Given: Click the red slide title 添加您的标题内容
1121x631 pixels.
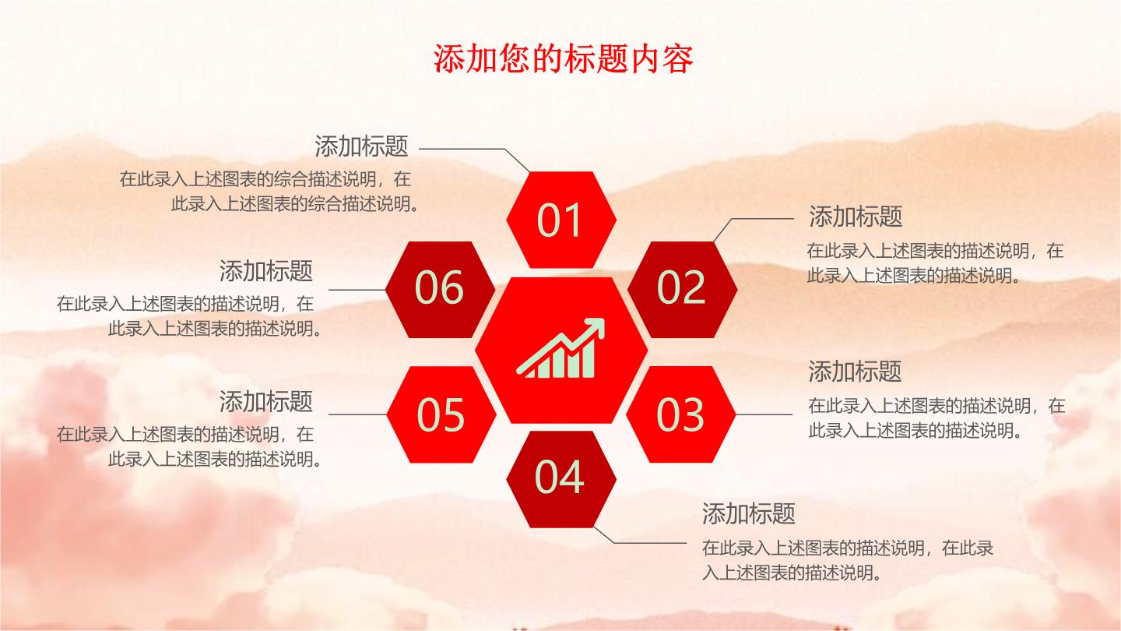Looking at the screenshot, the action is click(563, 59).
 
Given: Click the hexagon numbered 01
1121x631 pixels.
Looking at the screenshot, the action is click(561, 220).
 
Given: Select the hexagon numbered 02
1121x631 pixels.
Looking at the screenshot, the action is click(682, 290).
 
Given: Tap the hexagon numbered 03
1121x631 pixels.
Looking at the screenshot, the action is click(680, 414).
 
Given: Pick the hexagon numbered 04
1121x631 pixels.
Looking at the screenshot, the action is click(561, 479).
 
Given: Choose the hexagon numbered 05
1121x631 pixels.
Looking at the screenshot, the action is click(441, 414).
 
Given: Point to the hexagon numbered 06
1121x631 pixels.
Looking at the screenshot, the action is click(440, 290).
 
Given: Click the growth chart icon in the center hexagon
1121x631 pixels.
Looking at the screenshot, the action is click(560, 348).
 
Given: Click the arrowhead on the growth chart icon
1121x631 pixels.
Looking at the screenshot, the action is click(594, 327).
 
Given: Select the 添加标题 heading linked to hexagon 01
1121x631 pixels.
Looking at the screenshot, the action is click(361, 146).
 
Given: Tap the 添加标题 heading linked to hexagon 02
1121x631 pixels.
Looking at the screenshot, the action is click(856, 217).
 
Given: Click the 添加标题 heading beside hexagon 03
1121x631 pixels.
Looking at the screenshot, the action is click(855, 372).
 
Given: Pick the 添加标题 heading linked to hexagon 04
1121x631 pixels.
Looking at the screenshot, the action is click(749, 514).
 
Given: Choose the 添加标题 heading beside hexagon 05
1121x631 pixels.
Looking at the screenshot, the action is click(265, 402).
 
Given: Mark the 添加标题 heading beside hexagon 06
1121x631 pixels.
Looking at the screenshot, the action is click(265, 271).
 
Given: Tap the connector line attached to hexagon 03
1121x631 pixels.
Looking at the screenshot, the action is click(764, 414).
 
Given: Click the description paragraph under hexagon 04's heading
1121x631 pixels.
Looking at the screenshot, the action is click(847, 560).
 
